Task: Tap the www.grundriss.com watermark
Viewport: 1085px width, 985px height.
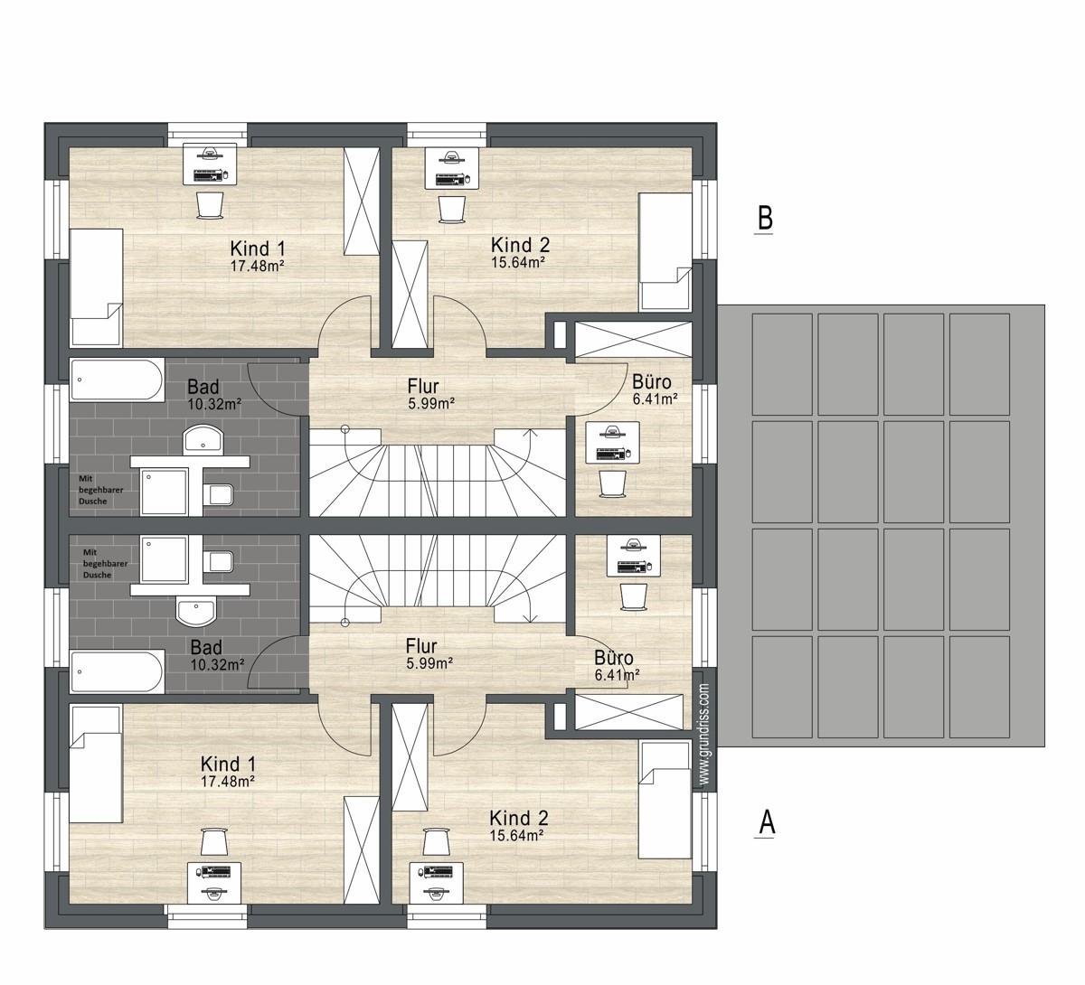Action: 703,735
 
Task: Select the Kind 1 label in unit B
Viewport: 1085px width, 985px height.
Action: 258,249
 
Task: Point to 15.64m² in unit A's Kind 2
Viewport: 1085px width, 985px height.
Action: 516,835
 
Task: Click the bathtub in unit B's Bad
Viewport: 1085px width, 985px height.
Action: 117,380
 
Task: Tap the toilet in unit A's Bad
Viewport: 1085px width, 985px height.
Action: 222,562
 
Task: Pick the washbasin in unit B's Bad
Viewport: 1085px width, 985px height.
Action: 203,438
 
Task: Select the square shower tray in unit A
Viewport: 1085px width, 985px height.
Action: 164,559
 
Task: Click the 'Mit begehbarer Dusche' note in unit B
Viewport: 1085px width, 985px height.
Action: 100,490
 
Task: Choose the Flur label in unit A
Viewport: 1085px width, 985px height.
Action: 420,646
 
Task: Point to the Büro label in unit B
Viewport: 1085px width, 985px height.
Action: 652,382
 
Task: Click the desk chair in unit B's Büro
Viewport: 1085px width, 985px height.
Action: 612,483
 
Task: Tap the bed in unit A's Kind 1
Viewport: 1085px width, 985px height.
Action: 96,764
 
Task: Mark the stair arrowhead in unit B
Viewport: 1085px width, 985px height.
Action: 531,432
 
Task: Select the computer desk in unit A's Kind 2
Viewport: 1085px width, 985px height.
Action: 436,883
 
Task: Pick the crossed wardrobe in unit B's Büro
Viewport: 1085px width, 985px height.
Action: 632,340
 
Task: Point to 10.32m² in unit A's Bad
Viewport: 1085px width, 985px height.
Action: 217,664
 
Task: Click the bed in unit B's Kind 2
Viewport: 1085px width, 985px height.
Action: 665,252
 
